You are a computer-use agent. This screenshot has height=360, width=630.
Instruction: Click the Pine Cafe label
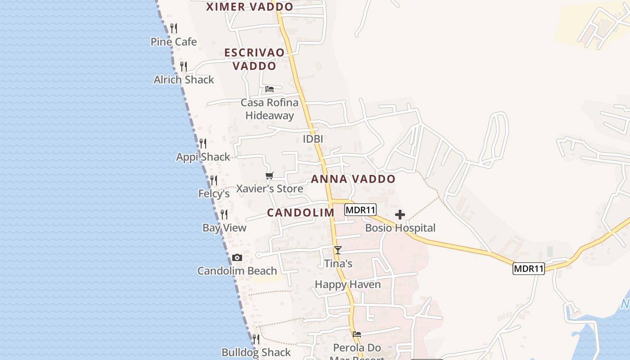click(174, 42)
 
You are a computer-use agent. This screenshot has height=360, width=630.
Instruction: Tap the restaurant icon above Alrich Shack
click(184, 67)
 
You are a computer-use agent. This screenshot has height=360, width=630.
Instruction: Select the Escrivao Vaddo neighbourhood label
click(255, 59)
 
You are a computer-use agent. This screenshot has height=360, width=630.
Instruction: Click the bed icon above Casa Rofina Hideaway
click(270, 89)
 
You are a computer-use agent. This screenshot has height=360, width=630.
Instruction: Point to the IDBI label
click(313, 139)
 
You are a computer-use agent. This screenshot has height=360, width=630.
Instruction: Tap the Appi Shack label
click(203, 157)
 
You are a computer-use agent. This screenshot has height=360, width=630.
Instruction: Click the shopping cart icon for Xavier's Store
click(269, 175)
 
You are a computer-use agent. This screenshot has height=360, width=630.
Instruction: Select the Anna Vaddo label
click(353, 179)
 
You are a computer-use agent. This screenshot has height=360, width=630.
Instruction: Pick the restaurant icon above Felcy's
click(214, 180)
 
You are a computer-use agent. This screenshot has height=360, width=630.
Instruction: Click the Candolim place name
click(301, 213)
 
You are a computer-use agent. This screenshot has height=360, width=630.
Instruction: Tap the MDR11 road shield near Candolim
click(360, 210)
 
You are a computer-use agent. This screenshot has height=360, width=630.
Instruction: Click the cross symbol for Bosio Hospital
click(400, 215)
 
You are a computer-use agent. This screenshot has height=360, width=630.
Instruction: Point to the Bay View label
click(225, 228)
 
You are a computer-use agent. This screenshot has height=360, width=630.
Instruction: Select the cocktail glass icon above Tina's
click(338, 250)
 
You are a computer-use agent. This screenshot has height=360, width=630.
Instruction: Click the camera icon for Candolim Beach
click(237, 258)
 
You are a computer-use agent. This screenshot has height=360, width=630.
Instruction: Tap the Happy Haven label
click(347, 284)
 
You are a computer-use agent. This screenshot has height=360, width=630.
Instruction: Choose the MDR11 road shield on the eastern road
click(529, 269)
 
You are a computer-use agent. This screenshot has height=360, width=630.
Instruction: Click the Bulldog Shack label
click(256, 352)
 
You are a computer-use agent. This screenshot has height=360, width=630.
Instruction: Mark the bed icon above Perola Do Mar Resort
click(357, 334)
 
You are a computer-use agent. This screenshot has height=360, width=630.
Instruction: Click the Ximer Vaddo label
click(249, 7)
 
